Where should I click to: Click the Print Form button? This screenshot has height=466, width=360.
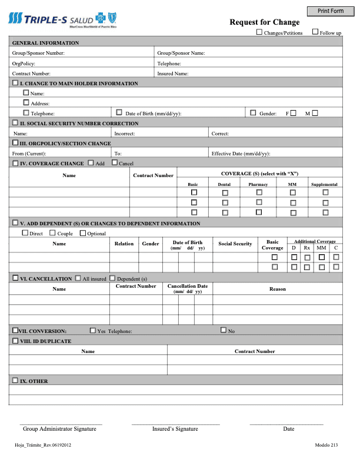click(331, 11)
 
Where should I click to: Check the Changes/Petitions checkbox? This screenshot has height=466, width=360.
click(259, 32)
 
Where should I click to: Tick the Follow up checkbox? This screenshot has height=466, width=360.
click(315, 32)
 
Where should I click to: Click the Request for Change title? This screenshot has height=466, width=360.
click(264, 22)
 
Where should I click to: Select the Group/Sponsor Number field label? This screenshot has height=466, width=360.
click(38, 53)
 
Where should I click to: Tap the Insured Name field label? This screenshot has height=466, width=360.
click(173, 74)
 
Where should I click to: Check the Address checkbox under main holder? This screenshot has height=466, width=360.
click(26, 103)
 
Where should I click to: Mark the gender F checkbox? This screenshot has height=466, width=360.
click(293, 113)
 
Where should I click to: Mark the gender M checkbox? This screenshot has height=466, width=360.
click(315, 113)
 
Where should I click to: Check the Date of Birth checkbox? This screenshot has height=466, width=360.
click(119, 112)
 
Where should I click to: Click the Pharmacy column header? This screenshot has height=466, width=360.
click(258, 185)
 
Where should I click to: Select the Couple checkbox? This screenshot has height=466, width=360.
click(52, 233)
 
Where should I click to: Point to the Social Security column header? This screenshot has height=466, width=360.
click(235, 244)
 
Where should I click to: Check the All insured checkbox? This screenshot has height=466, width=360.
click(78, 278)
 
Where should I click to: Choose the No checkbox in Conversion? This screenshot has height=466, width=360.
click(224, 330)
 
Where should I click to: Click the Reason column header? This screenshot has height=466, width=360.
click(278, 289)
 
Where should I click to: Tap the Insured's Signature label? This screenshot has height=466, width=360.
click(175, 429)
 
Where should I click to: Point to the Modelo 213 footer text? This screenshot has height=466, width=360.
click(326, 445)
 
